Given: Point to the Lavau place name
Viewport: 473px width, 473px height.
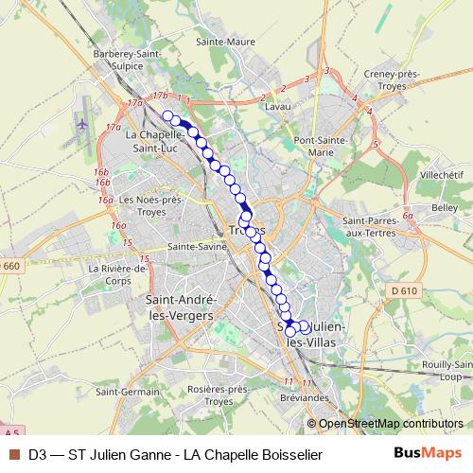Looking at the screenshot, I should click(x=277, y=107).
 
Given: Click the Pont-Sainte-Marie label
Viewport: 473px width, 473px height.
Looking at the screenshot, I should click(x=329, y=147).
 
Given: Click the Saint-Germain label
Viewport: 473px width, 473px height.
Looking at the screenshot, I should click(x=127, y=392).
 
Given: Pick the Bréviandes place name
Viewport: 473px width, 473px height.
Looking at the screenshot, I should click(x=304, y=396).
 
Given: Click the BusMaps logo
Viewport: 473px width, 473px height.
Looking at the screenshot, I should click(x=427, y=454).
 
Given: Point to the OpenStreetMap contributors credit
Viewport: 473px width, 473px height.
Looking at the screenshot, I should click(x=390, y=424).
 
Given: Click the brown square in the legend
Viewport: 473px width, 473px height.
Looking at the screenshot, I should click(x=13, y=454).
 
